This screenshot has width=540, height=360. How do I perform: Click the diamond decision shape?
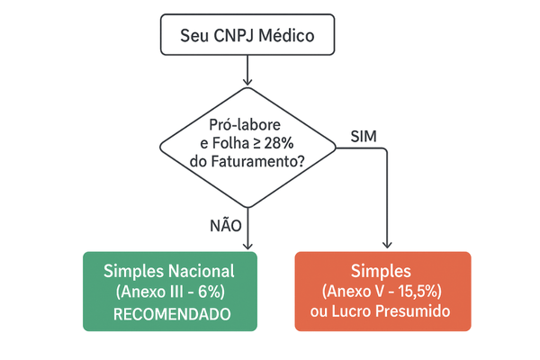(x=247, y=145)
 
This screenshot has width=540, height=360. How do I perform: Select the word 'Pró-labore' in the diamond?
(x=244, y=125)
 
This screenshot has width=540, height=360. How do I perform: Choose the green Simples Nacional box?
(x=169, y=291)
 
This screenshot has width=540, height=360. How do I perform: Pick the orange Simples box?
(x=383, y=291)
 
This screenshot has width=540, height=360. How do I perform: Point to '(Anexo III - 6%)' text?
(x=169, y=292)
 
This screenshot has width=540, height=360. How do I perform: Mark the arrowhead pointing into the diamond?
(x=247, y=86)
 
